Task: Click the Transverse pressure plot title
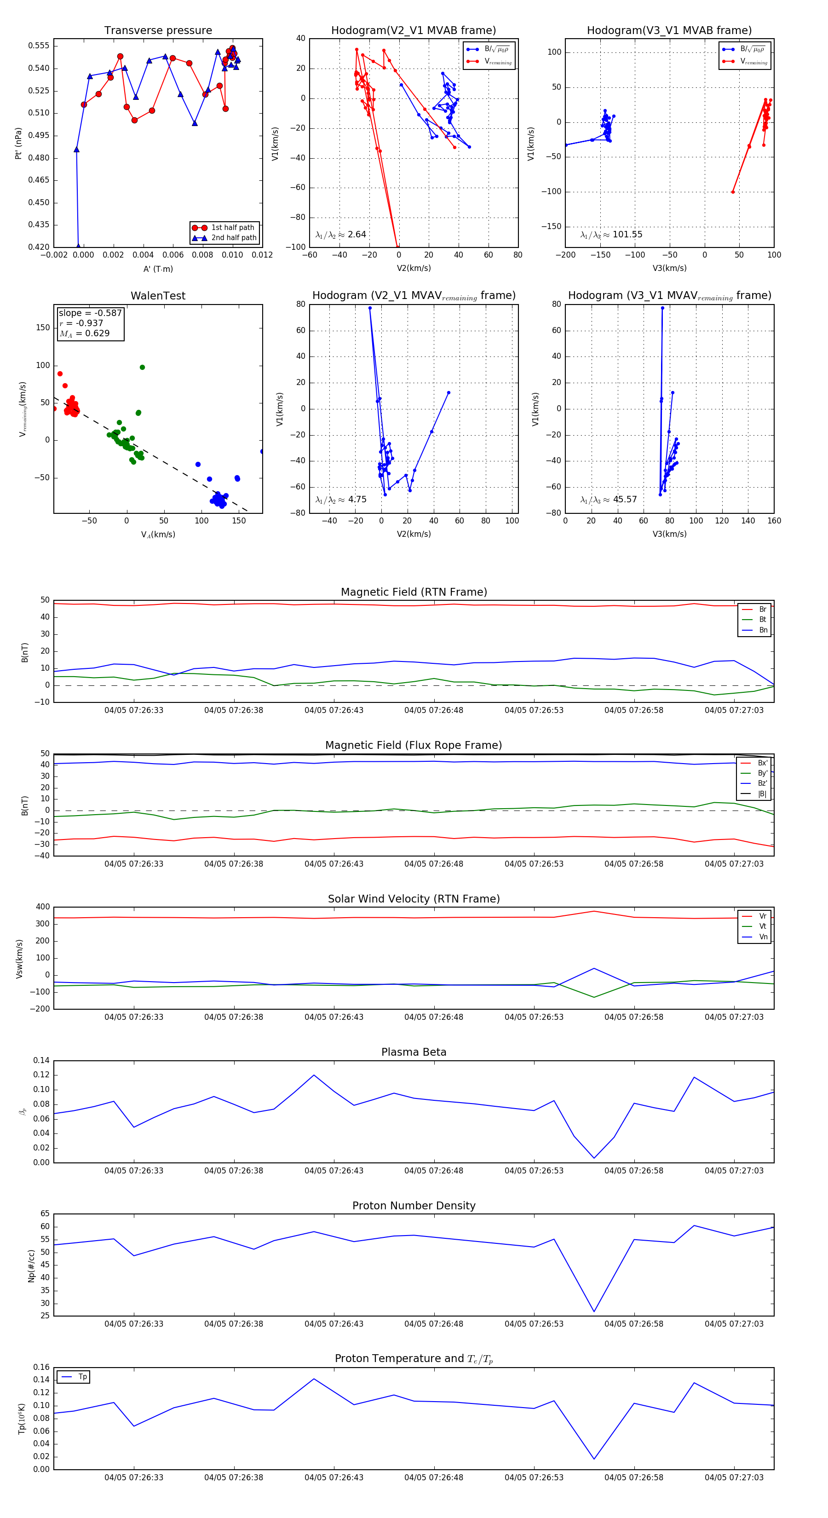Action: click(158, 31)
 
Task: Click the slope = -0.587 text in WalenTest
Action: click(90, 313)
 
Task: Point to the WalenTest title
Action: click(158, 296)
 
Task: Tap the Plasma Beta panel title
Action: click(414, 1052)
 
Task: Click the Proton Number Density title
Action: click(414, 1206)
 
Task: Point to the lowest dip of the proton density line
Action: click(594, 1312)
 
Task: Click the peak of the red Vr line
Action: click(594, 911)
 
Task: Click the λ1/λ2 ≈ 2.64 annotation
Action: click(340, 235)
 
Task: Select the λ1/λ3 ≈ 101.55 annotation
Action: click(611, 235)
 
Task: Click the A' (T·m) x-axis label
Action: click(158, 269)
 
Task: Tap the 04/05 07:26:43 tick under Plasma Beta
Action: click(333, 1170)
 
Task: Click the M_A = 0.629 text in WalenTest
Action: click(84, 333)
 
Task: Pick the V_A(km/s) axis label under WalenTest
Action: click(158, 535)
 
